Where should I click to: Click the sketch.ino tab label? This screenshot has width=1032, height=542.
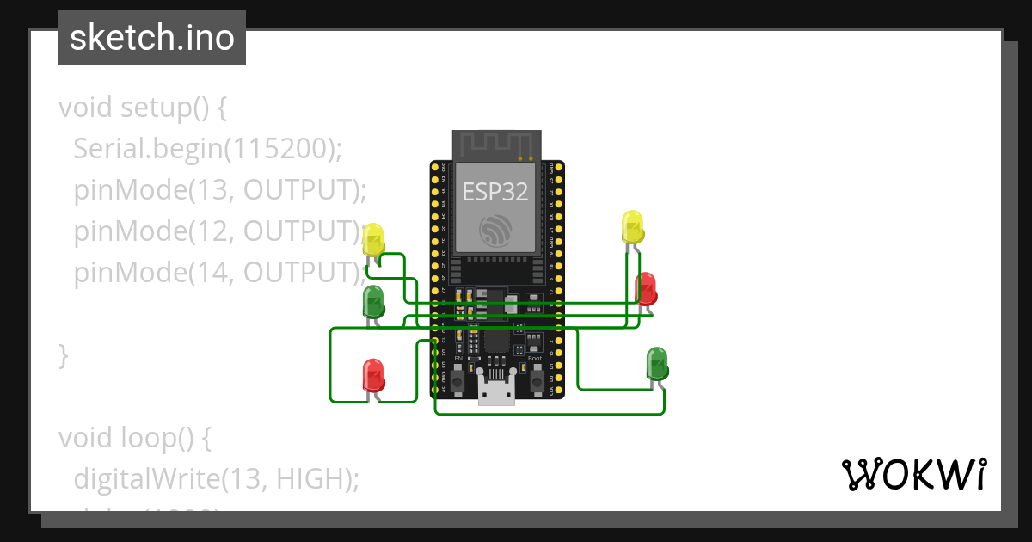pos(151,39)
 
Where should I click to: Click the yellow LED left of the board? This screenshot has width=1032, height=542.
pos(373,240)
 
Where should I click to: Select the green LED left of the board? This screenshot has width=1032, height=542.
pos(373,302)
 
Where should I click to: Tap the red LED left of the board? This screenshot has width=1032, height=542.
pos(373,375)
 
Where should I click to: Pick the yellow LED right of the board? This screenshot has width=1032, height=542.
pos(632,227)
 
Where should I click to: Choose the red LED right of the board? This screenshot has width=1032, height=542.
pos(646,287)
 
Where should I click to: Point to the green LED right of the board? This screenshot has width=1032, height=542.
pos(657,363)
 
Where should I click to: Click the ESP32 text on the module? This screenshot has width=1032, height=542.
pos(495,191)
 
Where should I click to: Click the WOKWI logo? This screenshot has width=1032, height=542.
pos(913,474)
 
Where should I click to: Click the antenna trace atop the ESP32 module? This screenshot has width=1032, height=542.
pos(497,145)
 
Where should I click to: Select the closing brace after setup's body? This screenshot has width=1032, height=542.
pos(63,354)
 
